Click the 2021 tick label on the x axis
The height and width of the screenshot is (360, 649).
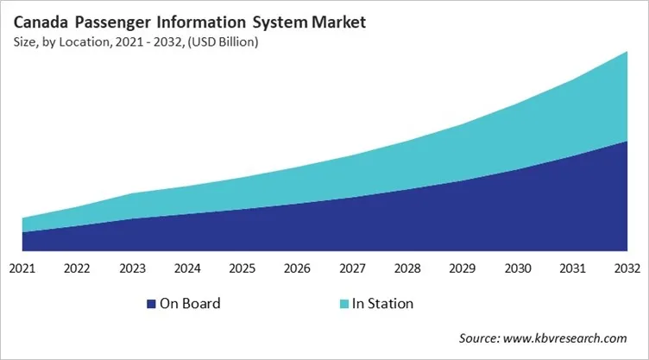[22, 268]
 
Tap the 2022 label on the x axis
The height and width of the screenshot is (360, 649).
[78, 268]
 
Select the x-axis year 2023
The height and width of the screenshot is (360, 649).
[133, 268]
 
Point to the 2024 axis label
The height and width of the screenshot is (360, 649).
[187, 268]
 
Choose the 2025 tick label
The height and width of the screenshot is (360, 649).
[243, 268]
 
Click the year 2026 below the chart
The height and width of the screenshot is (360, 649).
[298, 268]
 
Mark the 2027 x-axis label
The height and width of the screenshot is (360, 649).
[352, 268]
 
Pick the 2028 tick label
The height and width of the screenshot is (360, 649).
[407, 268]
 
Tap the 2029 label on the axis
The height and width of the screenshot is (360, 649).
[463, 268]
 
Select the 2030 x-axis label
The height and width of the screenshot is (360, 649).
[517, 268]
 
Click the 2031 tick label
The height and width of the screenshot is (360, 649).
[572, 268]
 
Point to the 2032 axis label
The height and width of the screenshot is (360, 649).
[626, 268]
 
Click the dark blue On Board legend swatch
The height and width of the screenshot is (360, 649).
[152, 304]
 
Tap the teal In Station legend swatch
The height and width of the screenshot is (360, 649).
[344, 304]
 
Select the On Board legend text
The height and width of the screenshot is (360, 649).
[190, 304]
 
